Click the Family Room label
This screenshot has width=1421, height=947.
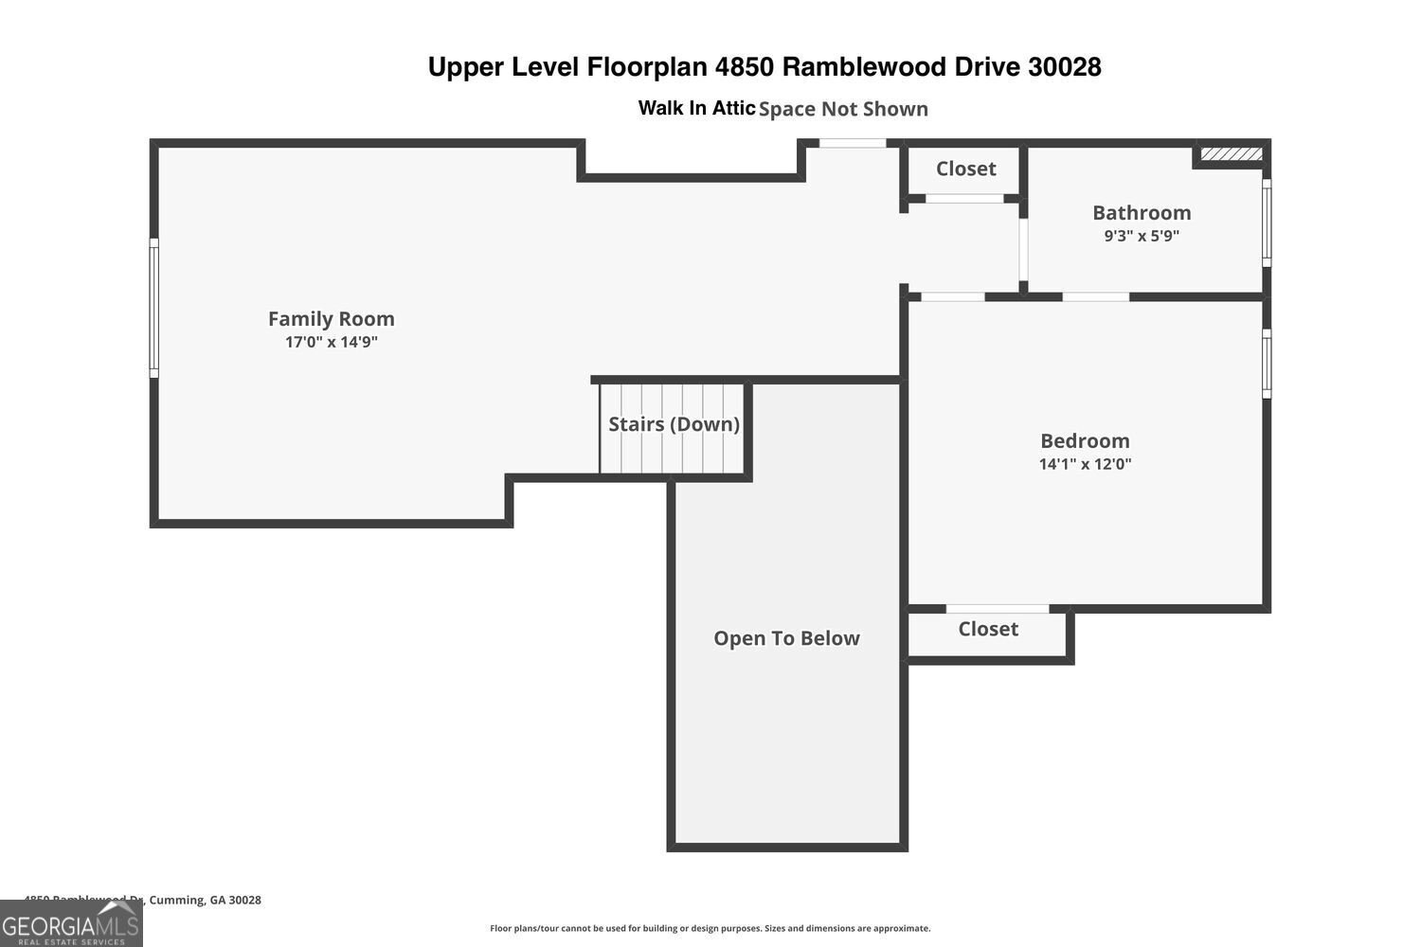[x=331, y=319]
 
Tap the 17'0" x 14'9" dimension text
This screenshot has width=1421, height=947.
[x=331, y=342]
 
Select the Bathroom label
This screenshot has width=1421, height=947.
[x=1142, y=213]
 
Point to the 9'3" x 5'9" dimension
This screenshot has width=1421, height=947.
[x=1142, y=236]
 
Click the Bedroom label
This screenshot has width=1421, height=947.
[x=1085, y=441]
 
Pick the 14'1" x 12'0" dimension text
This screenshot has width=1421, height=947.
[x=1085, y=464]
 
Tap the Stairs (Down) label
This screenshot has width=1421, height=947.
[x=674, y=424]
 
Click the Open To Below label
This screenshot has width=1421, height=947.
[x=786, y=638]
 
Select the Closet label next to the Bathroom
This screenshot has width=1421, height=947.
[x=965, y=169]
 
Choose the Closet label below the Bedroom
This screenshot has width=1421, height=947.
[x=988, y=629]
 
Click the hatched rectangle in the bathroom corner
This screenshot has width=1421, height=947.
[x=1231, y=153]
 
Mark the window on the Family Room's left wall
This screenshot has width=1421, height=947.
[x=153, y=308]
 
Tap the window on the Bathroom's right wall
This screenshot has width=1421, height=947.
[x=1267, y=223]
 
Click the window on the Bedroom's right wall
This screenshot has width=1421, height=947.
[x=1267, y=363]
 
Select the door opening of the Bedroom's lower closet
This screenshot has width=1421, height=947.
[x=997, y=608]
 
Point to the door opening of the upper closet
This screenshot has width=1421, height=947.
[x=964, y=199]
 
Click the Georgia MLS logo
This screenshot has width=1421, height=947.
[x=71, y=923]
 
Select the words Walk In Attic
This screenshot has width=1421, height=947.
[x=696, y=108]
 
